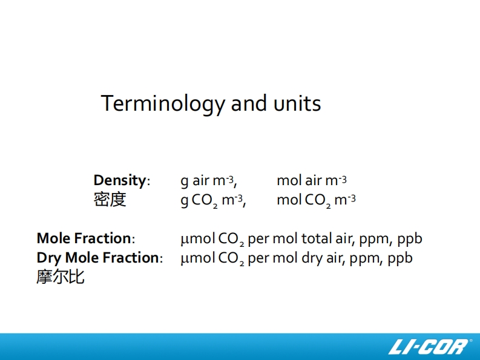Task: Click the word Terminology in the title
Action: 163,104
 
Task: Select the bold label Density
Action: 120,180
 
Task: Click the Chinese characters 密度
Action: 110,200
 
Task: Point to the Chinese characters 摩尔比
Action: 61,277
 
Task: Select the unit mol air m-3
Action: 312,180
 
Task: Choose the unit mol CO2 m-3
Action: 316,200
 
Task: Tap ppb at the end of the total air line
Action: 410,240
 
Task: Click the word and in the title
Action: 249,103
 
